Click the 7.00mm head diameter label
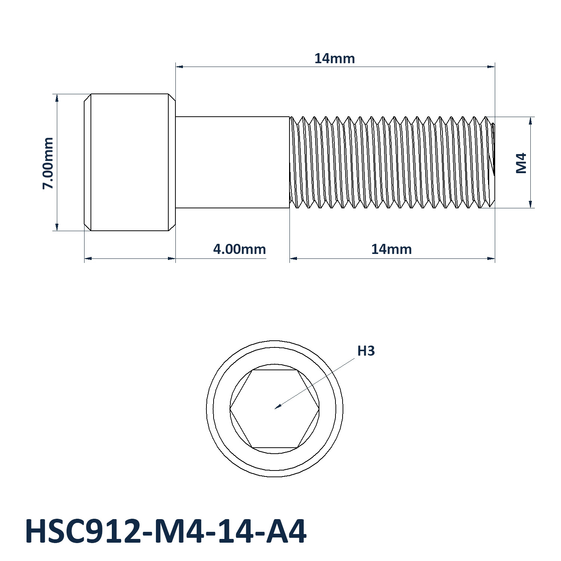[x=48, y=163]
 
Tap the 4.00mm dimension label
[x=239, y=249]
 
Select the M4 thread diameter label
[x=521, y=163]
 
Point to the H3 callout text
[x=366, y=351]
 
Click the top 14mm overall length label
[x=334, y=59]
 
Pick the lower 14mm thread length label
[x=391, y=249]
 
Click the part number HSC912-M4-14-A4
[x=166, y=531]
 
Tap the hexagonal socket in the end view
[x=275, y=408]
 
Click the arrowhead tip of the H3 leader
[x=275, y=408]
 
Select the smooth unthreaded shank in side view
[x=233, y=162]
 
